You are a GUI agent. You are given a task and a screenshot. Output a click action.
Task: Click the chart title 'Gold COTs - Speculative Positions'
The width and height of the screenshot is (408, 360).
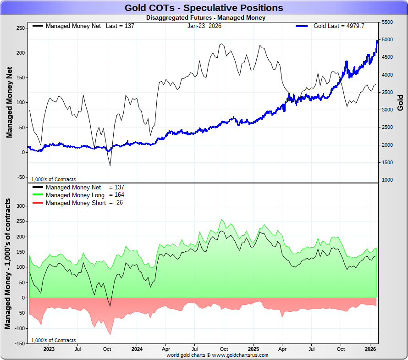click(204, 8)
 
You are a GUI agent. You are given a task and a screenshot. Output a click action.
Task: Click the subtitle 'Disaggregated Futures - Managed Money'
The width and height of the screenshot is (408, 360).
click(206, 18)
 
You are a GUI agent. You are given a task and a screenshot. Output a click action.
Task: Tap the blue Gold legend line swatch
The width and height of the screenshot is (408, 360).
click(302, 26)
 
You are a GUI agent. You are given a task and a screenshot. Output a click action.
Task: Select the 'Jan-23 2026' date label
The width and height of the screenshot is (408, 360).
click(204, 26)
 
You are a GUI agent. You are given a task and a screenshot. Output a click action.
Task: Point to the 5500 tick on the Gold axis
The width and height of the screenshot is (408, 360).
click(387, 22)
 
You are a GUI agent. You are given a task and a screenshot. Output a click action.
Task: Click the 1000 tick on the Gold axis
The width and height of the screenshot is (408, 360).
click(387, 180)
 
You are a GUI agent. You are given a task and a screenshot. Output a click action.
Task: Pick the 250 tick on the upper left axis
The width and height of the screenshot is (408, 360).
click(20, 28)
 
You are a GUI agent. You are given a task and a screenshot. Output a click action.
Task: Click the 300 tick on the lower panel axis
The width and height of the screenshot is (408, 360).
click(20, 206)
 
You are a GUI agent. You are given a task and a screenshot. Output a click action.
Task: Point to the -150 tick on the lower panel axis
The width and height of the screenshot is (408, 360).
click(19, 343)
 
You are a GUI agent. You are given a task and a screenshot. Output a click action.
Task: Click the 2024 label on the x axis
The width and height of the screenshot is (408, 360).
click(137, 349)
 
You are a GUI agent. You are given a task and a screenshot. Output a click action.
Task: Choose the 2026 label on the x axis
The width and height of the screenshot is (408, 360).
click(370, 349)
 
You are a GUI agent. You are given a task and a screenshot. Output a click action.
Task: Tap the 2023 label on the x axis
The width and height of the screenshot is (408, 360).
click(49, 349)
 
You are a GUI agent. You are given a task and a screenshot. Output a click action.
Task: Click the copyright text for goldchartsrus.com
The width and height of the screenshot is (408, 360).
click(217, 355)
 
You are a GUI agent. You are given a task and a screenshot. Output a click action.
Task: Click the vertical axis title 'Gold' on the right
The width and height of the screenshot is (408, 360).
click(400, 102)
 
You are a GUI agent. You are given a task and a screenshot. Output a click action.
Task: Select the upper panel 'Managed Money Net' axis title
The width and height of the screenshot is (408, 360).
click(9, 102)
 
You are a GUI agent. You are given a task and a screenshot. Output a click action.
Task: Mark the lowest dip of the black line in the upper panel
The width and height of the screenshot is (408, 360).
click(110, 165)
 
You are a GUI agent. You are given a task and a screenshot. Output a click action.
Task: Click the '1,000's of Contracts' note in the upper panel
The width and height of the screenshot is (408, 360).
click(54, 179)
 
